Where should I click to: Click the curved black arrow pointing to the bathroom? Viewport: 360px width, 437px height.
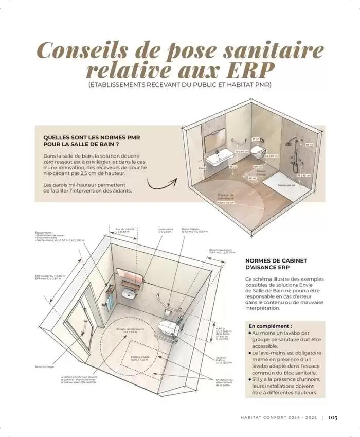pyautogui.click(x=161, y=182)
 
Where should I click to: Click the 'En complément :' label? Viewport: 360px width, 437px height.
pyautogui.click(x=271, y=326)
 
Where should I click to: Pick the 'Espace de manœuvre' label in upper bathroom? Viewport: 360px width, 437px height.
pyautogui.click(x=226, y=198)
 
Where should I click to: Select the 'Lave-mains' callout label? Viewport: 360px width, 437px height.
pyautogui.click(x=165, y=230)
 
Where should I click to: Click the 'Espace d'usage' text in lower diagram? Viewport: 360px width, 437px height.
pyautogui.click(x=139, y=357)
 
